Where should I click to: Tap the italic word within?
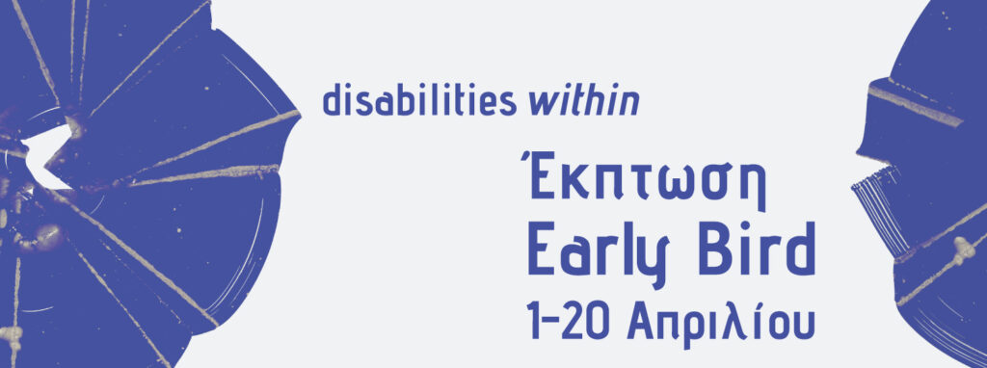(x=584, y=101)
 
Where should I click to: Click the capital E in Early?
(x=540, y=250)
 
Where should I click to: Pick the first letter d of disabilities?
(x=332, y=101)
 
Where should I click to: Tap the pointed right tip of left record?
(x=300, y=115)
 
